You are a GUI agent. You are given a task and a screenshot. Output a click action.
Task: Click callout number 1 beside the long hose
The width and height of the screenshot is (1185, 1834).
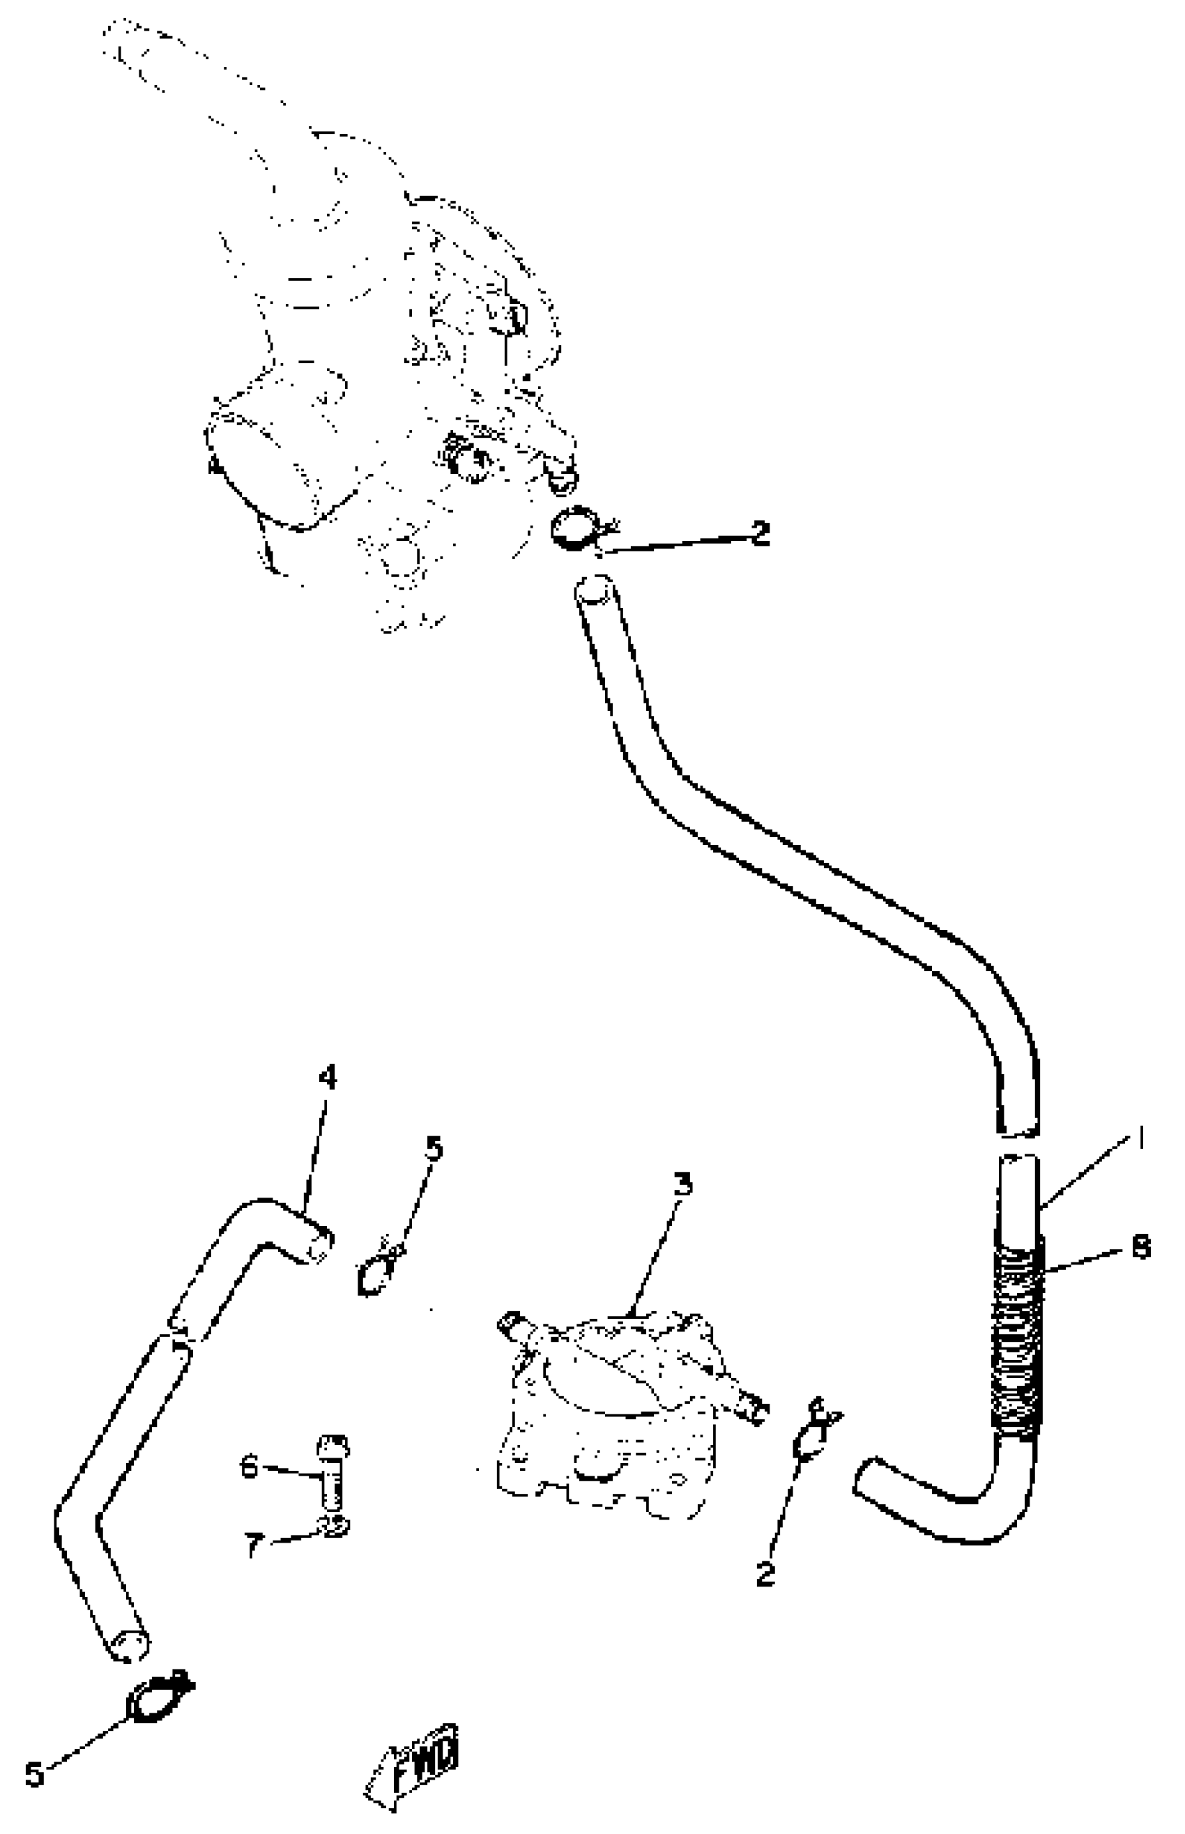tap(1141, 1138)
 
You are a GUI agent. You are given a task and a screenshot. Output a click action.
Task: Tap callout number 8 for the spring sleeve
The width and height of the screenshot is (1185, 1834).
tap(1141, 1248)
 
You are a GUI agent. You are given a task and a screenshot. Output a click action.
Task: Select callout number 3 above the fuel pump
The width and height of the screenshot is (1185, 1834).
tap(682, 1185)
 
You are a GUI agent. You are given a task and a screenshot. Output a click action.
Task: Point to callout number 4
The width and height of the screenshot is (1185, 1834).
tap(328, 1078)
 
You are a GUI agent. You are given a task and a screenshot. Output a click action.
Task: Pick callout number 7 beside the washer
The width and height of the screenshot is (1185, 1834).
tap(254, 1544)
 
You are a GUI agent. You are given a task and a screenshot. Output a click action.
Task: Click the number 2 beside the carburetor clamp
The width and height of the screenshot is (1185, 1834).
tap(760, 533)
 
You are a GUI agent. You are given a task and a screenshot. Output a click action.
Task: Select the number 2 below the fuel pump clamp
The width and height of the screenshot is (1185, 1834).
tap(765, 1574)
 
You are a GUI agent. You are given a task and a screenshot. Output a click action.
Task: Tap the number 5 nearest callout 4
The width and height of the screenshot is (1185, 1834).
tap(435, 1149)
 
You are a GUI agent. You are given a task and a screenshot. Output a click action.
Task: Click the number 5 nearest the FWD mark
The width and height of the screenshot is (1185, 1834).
tap(35, 1774)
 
